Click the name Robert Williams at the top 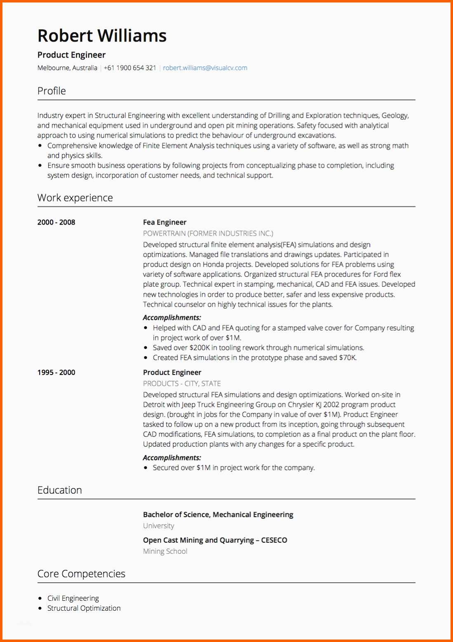[x=102, y=36]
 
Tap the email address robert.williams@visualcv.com [x=205, y=68]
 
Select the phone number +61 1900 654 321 [x=130, y=68]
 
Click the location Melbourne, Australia [x=67, y=68]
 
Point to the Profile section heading [x=52, y=91]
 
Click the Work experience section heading [x=75, y=198]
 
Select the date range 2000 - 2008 [x=56, y=223]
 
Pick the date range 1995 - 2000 [x=56, y=373]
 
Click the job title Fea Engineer [x=165, y=223]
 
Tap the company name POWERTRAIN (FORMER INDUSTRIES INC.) [x=208, y=234]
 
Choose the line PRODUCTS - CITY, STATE [x=182, y=384]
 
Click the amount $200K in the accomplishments [x=200, y=348]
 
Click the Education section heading [x=60, y=490]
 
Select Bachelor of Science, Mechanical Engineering [x=218, y=515]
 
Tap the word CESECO [x=274, y=540]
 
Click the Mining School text [x=165, y=551]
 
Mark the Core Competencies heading [x=81, y=574]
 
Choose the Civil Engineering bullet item [x=73, y=598]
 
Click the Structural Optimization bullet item [x=84, y=608]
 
